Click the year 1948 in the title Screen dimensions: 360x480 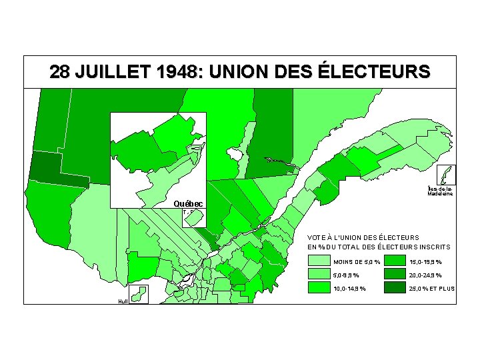tap(168, 71)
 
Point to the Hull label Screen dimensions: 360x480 tap(123, 301)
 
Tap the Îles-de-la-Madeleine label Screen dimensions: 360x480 tap(441, 191)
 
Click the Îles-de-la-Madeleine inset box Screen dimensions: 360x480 tap(446, 175)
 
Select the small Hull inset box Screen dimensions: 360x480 tap(139, 295)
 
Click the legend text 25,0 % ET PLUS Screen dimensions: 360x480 tap(431, 288)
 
